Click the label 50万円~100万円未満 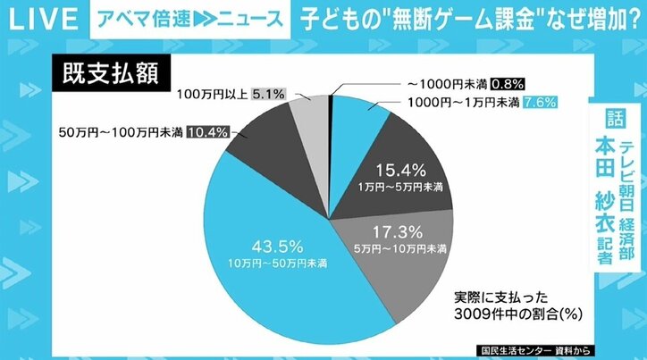click(x=118, y=132)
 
